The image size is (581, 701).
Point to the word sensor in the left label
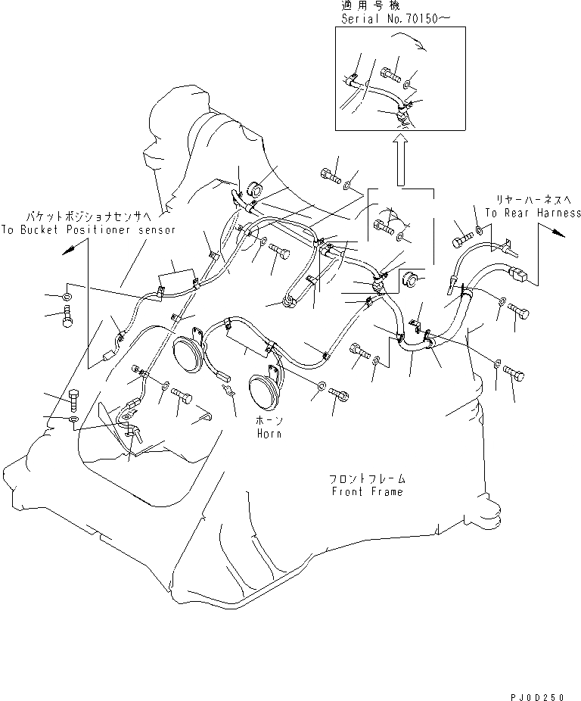pyautogui.click(x=155, y=229)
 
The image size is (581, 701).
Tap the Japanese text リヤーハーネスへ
pyautogui.click(x=528, y=200)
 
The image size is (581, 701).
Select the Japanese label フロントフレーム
pyautogui.click(x=367, y=479)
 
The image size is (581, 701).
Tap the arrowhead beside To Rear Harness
pyautogui.click(x=558, y=234)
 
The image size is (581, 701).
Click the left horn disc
pyautogui.click(x=188, y=352)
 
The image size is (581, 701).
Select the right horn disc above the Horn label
pyautogui.click(x=263, y=388)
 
